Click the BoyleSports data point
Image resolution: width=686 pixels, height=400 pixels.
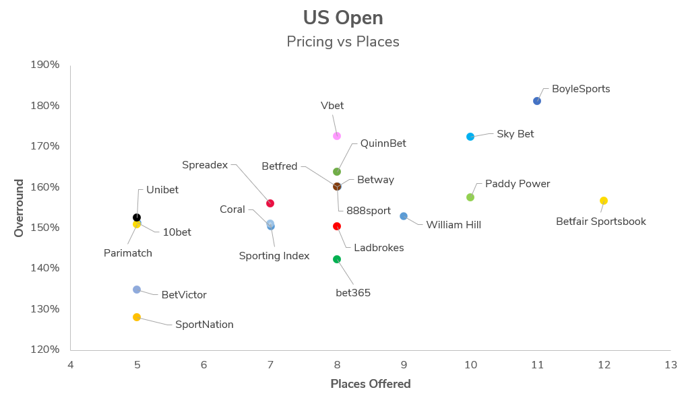point(537,101)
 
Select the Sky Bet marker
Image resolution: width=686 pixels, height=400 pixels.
point(470,137)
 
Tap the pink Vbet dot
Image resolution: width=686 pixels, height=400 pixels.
point(337,136)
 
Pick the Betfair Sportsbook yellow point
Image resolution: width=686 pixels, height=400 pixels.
point(604,201)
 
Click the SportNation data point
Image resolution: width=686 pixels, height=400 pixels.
point(137,317)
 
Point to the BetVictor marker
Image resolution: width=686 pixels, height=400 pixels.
point(137,290)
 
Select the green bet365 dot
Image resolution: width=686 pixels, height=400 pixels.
point(337,259)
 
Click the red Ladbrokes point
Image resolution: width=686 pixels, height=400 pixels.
point(337,226)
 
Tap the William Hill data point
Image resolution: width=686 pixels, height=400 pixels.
point(404,216)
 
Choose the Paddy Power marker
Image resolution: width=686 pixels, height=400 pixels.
point(470,197)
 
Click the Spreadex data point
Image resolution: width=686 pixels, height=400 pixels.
point(270,203)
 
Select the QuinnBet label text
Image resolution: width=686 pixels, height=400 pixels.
point(383,143)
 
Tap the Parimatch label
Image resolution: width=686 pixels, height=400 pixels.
point(128,253)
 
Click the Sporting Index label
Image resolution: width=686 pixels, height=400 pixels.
point(274,256)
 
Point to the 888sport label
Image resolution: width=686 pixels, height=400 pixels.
point(369,211)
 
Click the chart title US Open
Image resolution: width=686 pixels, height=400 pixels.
point(343,18)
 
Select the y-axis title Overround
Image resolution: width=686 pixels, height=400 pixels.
point(19,207)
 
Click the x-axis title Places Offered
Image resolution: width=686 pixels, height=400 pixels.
point(370,384)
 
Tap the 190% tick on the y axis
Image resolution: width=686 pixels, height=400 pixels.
point(45,65)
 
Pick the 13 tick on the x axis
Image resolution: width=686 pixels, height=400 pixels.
point(671,364)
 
